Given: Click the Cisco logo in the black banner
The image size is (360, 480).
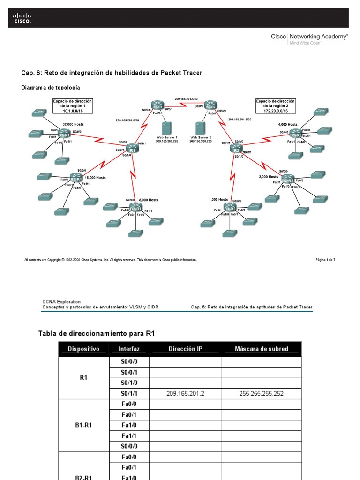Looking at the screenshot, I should [x=22, y=18].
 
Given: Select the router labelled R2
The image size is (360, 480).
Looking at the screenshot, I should [x=236, y=149].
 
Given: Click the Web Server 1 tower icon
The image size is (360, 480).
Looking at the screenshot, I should [x=165, y=128].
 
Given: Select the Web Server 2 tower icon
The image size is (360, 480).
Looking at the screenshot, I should [x=201, y=128].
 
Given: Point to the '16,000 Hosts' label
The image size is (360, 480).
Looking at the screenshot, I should [x=95, y=178].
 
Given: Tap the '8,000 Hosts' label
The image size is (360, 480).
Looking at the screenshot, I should [x=149, y=200].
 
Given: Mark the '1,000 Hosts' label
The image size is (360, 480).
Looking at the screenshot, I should [x=218, y=200].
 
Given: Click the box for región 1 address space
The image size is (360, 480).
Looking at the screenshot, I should [x=73, y=106].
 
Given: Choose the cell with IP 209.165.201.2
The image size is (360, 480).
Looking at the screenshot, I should [x=185, y=394].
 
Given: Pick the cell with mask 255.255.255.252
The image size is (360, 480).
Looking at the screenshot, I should [x=261, y=394].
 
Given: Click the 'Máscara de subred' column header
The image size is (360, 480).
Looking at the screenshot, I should [x=261, y=349].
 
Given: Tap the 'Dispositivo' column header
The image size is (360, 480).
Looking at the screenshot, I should [x=83, y=349].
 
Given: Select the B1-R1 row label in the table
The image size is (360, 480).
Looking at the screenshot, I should [x=83, y=425].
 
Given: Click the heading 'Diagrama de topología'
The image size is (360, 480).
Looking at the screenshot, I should [x=51, y=88].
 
